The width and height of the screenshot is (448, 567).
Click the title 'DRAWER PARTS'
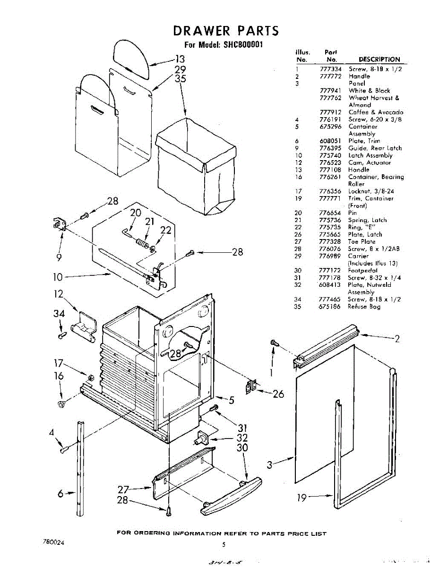[226, 31]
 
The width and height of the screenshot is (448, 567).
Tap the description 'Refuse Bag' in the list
[364, 307]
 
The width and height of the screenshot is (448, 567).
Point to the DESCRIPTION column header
[379, 60]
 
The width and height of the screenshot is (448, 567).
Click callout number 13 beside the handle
[180, 60]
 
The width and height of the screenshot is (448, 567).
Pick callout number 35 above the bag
[181, 79]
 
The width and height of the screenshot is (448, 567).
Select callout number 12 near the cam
[59, 294]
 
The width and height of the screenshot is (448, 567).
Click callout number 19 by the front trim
[303, 497]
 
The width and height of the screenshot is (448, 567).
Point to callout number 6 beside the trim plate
[60, 494]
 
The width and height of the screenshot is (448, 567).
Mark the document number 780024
[53, 543]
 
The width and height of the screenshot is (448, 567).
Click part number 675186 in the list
[330, 307]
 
